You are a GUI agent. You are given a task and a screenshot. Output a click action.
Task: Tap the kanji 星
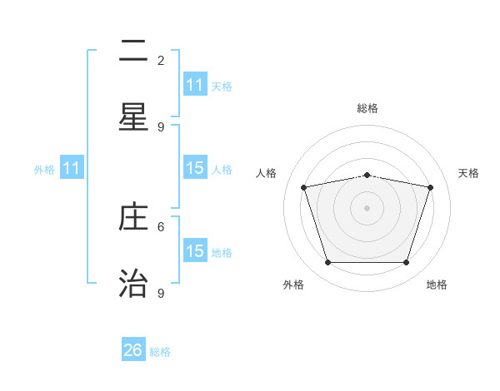click(133, 117)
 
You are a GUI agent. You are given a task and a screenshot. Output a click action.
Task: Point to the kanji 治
click(133, 283)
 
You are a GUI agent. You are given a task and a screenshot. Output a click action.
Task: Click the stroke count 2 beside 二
click(161, 61)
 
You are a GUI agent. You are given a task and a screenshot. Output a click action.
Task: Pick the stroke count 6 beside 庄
click(161, 226)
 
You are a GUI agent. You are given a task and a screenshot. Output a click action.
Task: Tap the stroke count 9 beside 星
click(161, 126)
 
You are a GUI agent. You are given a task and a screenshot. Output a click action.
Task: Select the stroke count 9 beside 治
click(161, 293)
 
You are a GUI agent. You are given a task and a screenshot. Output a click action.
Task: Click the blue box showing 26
click(133, 350)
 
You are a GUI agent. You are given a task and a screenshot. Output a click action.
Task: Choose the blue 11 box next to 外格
click(72, 168)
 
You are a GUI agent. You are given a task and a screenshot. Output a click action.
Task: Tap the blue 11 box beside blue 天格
click(195, 85)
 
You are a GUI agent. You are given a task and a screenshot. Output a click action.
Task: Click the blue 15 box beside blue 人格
click(195, 168)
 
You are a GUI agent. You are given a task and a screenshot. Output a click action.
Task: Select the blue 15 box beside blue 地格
click(195, 251)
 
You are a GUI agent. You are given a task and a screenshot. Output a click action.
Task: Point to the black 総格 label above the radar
click(367, 108)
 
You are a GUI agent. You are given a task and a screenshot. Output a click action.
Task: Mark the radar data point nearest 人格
click(304, 187)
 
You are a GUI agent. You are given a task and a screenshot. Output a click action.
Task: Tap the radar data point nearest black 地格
click(406, 263)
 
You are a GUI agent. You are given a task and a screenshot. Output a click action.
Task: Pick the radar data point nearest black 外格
click(327, 263)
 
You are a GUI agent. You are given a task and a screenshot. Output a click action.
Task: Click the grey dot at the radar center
click(367, 208)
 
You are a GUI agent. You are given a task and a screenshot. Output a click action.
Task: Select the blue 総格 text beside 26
click(160, 352)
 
